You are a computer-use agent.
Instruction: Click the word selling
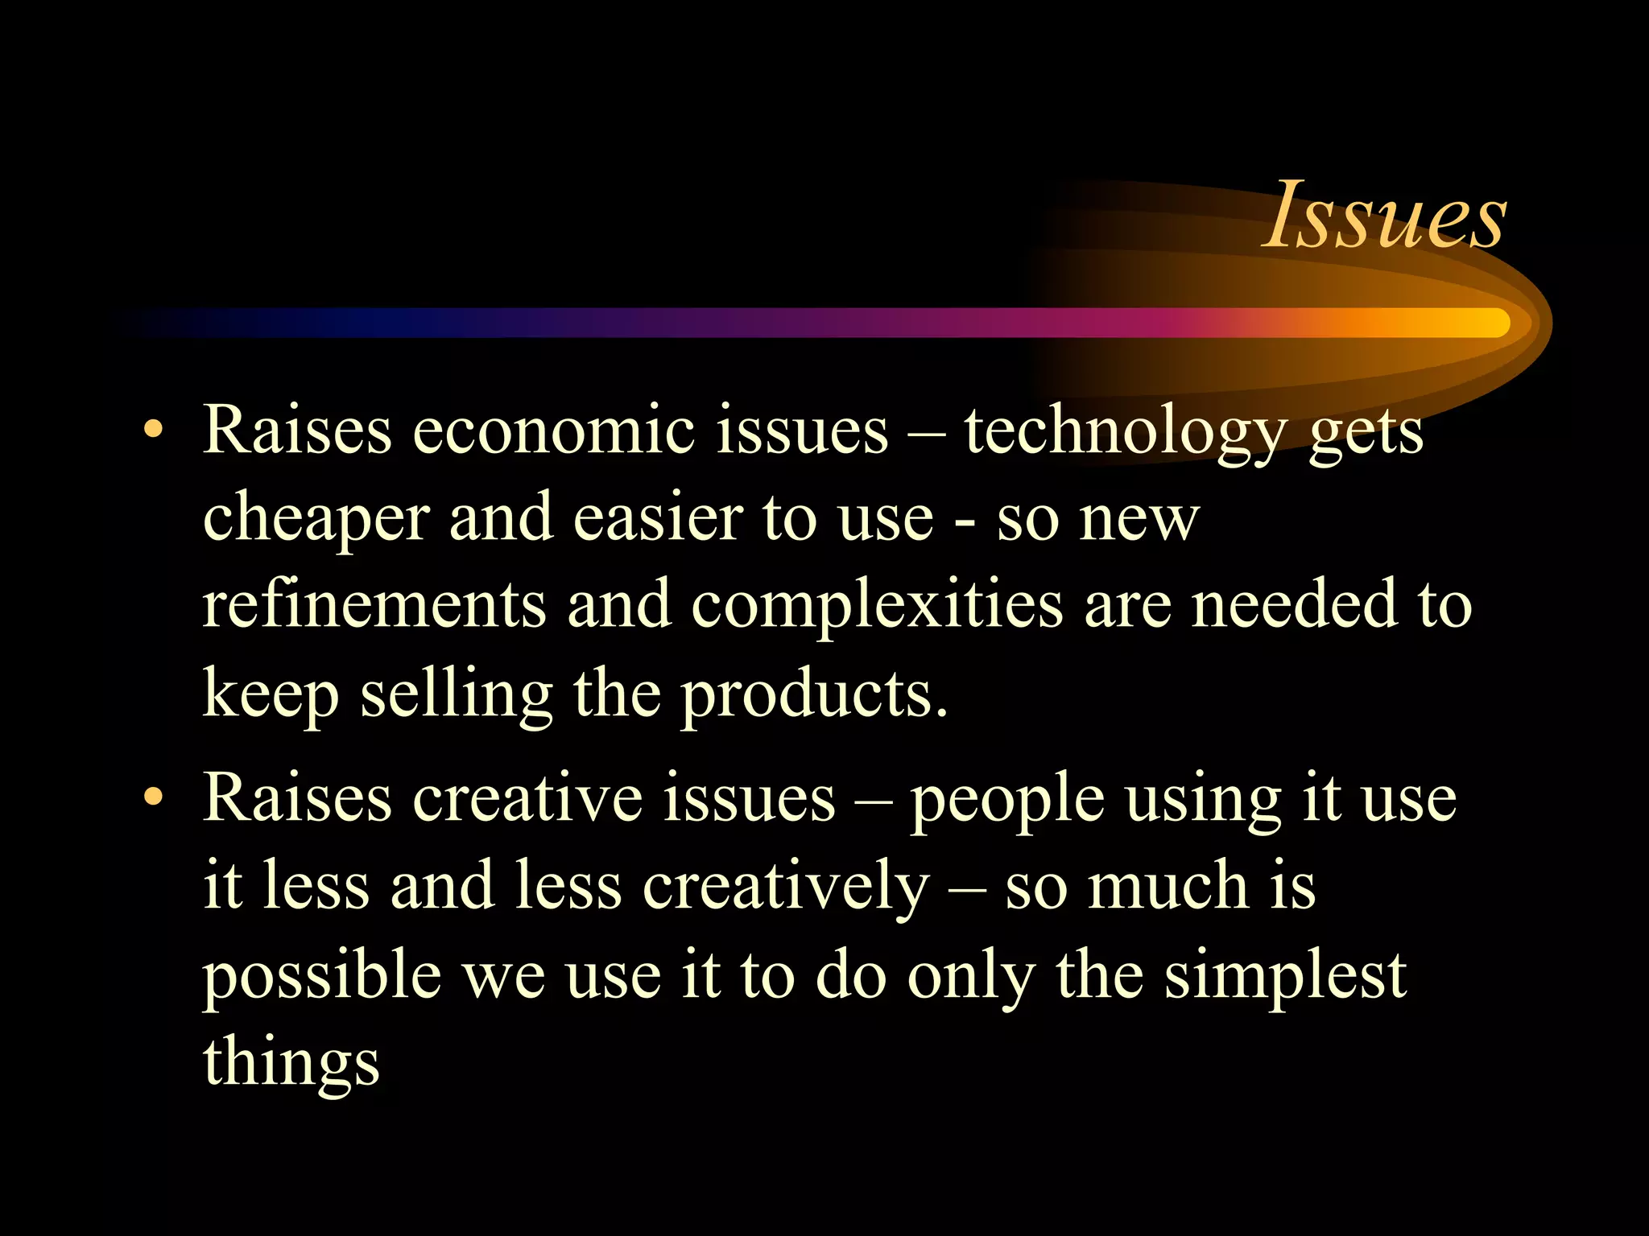point(457,694)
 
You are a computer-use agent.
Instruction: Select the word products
point(814,694)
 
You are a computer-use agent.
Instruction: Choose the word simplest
point(1286,976)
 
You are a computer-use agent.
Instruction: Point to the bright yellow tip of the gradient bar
point(1490,323)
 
